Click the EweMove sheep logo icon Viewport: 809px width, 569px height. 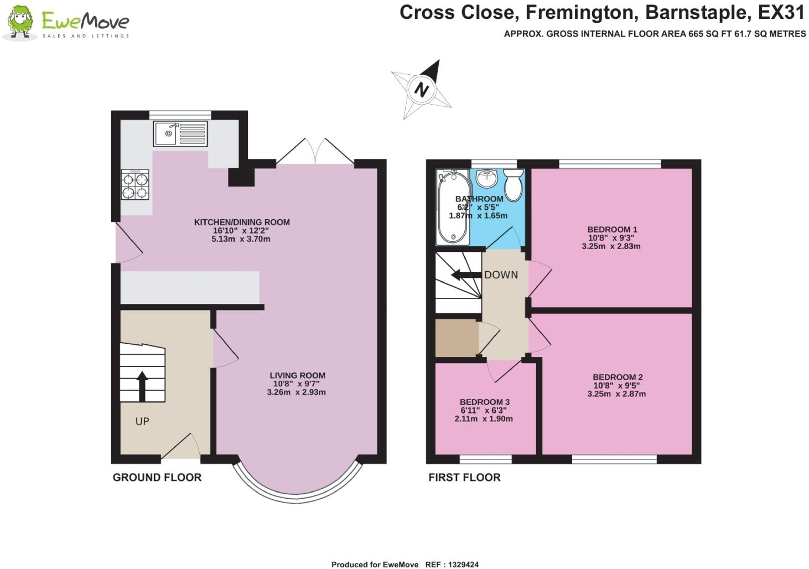point(20,22)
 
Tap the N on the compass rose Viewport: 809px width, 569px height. point(422,89)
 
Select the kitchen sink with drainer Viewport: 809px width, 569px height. point(181,133)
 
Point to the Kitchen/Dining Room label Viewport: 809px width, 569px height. point(242,223)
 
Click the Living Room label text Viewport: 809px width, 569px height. point(297,375)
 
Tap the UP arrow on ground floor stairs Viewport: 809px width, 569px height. point(142,386)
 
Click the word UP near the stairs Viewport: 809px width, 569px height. point(142,422)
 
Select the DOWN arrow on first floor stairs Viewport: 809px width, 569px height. point(463,275)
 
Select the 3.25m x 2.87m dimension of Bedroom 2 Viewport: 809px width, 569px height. point(616,394)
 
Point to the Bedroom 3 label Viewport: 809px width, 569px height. point(484,402)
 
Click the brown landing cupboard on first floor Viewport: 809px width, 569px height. point(456,337)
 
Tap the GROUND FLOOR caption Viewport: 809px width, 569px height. point(157,478)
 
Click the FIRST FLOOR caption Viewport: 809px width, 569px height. point(464,478)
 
